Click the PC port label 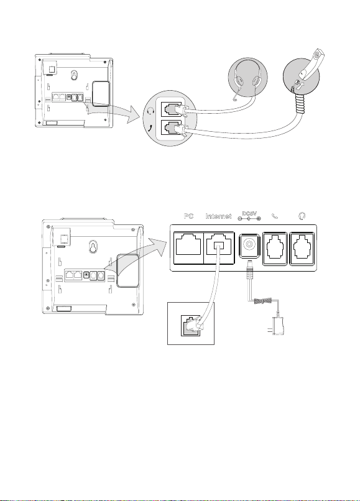[x=188, y=216]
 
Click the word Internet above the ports [x=218, y=216]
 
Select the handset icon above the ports [x=275, y=216]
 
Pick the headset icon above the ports [x=302, y=216]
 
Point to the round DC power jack [x=249, y=245]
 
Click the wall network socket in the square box [x=190, y=325]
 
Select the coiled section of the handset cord [x=300, y=103]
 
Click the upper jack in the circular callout [x=172, y=110]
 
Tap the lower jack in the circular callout [x=172, y=129]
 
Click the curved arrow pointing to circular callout [x=114, y=111]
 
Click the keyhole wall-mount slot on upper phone [x=75, y=75]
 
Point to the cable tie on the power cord [x=263, y=301]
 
